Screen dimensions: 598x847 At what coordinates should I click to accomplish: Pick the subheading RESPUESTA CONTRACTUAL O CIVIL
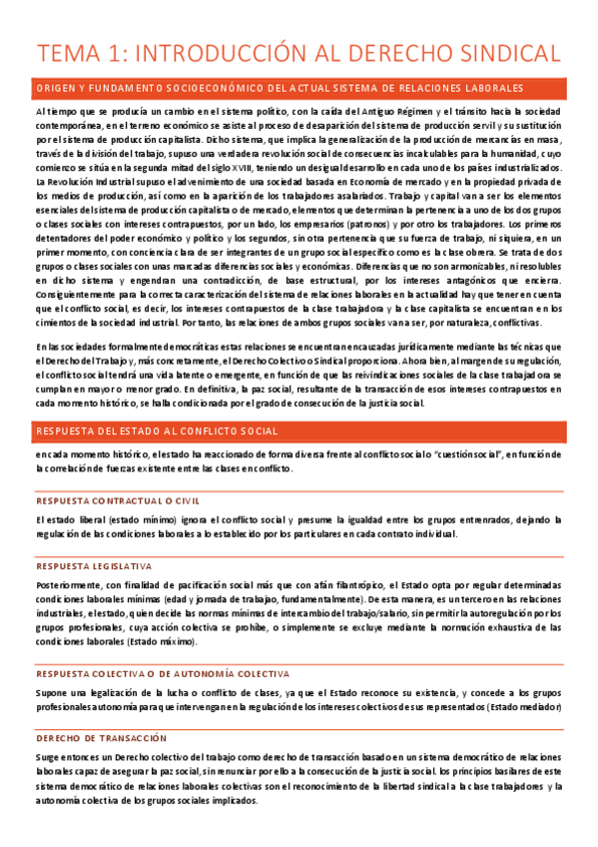coord(112,500)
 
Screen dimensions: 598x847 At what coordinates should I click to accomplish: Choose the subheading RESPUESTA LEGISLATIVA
coord(94,565)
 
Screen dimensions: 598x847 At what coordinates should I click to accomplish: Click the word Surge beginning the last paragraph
coord(48,756)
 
